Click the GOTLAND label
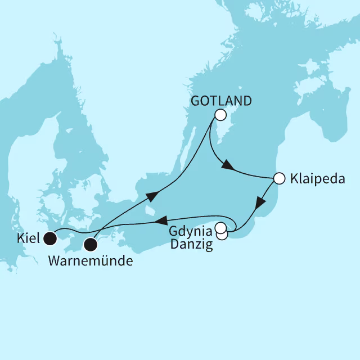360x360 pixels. (221, 101)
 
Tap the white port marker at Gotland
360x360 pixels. (220, 115)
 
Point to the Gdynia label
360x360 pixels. (192, 232)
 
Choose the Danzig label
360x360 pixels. (192, 245)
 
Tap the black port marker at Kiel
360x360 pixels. (51, 239)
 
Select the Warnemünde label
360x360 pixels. (91, 262)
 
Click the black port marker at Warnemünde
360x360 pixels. (91, 245)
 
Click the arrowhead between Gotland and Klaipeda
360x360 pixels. (227, 166)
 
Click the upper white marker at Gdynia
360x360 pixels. (220, 227)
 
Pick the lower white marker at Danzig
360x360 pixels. (222, 235)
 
